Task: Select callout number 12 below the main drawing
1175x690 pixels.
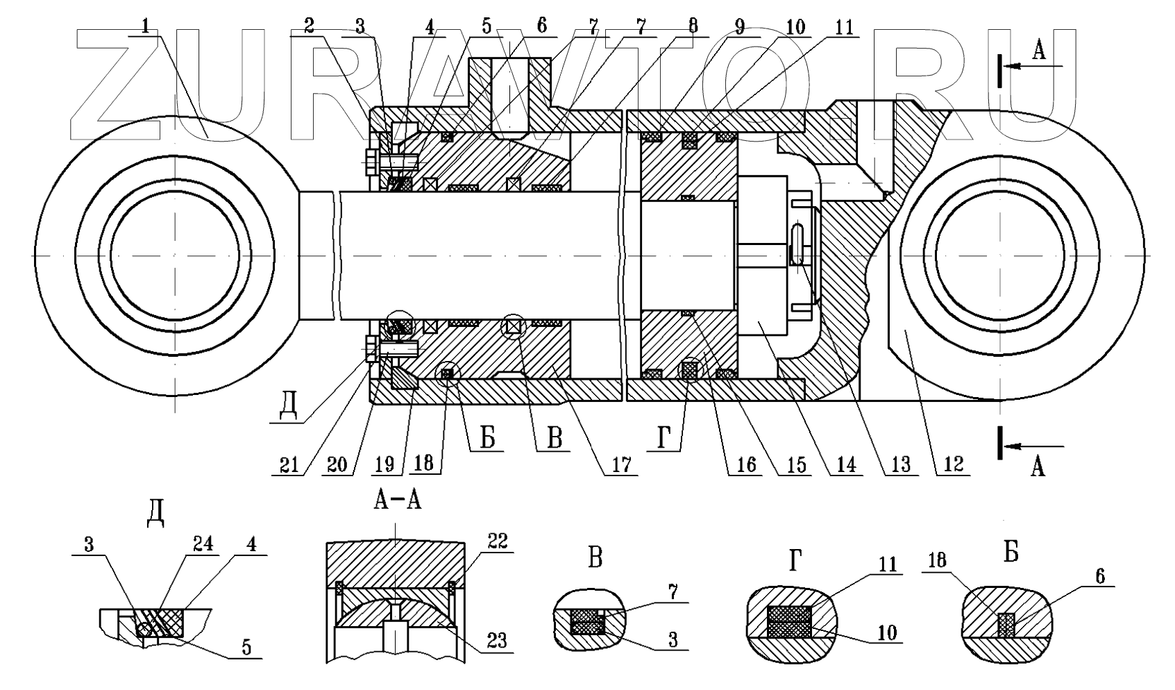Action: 952,464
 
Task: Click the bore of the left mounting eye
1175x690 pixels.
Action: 175,256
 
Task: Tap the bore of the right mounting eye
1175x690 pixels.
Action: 999,256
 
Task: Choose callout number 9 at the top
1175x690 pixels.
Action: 738,26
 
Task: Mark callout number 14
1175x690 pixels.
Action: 845,464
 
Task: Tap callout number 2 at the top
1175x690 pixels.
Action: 308,26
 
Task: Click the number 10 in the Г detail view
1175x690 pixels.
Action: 886,632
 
